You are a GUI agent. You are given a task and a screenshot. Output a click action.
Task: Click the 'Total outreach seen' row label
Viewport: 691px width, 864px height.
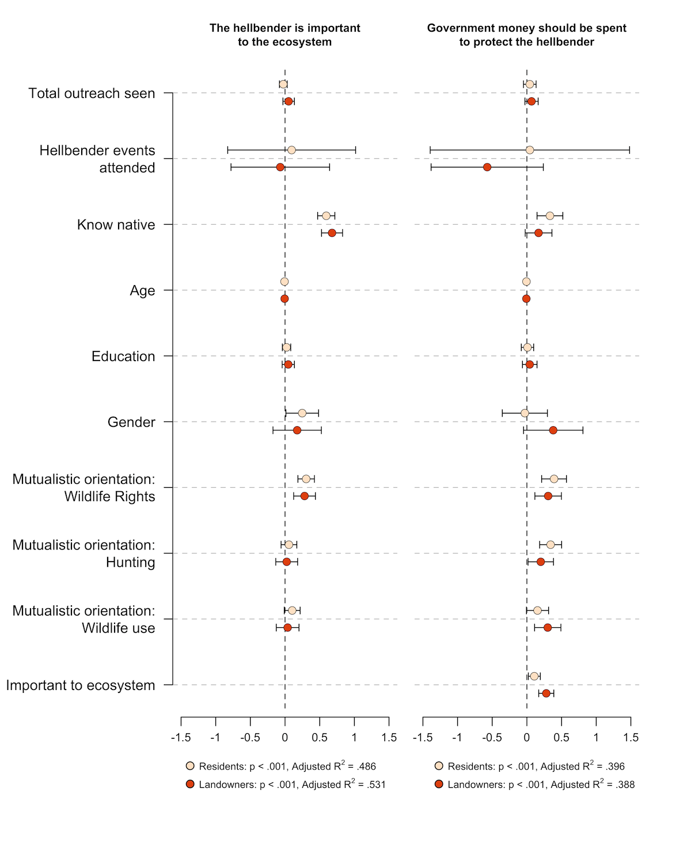(x=92, y=93)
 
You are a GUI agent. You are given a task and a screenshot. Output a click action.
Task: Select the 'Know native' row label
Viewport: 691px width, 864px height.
(x=116, y=225)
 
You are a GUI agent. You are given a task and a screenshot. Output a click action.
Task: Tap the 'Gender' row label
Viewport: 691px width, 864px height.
(x=131, y=422)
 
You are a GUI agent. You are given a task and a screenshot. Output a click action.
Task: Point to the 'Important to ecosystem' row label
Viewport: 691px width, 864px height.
(x=81, y=685)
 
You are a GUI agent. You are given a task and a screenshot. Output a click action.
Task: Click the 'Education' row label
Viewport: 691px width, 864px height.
(x=123, y=357)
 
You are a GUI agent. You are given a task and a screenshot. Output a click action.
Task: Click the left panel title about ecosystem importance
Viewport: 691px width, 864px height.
(x=284, y=35)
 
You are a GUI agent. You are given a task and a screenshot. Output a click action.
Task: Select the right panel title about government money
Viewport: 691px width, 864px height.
(x=526, y=35)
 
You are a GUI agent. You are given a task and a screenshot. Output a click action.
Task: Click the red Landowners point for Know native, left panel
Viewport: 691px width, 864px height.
(x=332, y=233)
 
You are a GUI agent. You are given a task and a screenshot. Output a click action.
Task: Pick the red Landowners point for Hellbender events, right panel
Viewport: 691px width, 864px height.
(x=487, y=167)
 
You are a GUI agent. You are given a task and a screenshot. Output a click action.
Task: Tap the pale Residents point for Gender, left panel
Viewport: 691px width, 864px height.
(x=302, y=413)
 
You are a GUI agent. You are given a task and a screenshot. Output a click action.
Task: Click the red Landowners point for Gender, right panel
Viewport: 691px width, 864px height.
(x=553, y=430)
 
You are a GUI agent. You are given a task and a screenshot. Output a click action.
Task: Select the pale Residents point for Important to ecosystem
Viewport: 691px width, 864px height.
(x=534, y=676)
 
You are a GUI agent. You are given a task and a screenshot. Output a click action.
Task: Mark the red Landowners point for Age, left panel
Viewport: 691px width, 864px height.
(x=284, y=299)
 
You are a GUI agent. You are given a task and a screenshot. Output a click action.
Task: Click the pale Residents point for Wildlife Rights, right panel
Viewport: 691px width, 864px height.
(x=554, y=479)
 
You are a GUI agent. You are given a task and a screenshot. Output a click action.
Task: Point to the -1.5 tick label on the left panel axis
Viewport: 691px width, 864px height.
(x=181, y=738)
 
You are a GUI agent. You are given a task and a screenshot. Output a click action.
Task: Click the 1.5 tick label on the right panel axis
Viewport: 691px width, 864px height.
(x=631, y=738)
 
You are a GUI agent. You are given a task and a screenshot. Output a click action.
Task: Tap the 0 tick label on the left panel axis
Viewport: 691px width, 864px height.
(x=284, y=738)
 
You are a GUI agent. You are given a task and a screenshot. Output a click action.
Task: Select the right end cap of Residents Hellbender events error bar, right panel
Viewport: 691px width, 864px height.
(x=629, y=150)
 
